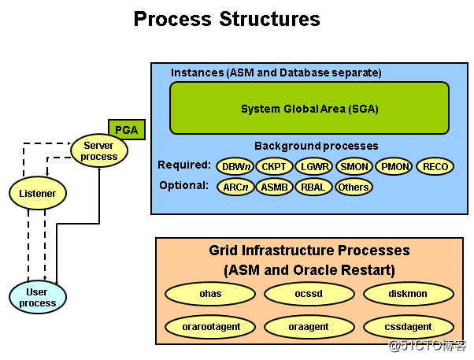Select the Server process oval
point(99,150)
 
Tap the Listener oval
point(38,192)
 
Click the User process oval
point(38,297)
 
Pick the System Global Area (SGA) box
point(309,109)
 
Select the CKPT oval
point(274,166)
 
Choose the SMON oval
point(354,166)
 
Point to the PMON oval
point(394,166)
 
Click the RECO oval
point(435,166)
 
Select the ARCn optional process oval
point(235,187)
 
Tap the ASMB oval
point(274,187)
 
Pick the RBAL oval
point(314,187)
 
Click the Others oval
point(354,187)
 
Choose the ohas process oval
point(210,294)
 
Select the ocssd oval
point(309,294)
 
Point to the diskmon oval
point(408,294)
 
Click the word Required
point(183,165)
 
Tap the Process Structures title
point(227,18)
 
